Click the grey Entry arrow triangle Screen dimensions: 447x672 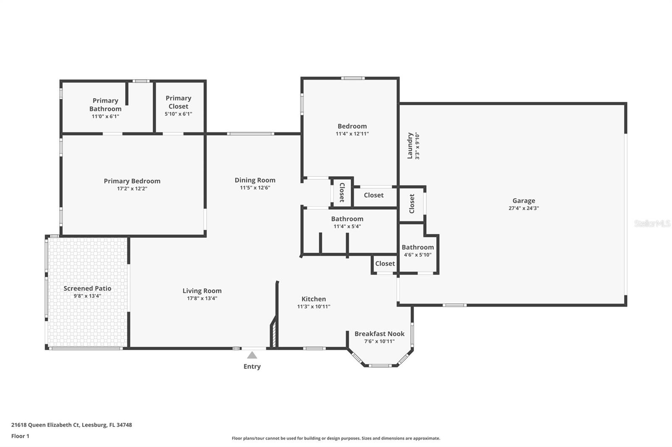click(x=252, y=356)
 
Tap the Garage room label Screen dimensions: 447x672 click(x=524, y=201)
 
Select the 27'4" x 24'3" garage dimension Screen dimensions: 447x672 click(x=524, y=208)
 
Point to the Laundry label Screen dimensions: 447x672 click(x=410, y=146)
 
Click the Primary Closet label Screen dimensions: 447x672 click(x=178, y=102)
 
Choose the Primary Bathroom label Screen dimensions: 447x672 click(x=105, y=104)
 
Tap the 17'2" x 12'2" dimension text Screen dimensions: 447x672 click(x=132, y=189)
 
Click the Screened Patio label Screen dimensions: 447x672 click(x=87, y=288)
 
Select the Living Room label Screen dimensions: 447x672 click(x=202, y=291)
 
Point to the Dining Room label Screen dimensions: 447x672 click(x=255, y=180)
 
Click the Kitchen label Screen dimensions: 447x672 click(x=314, y=299)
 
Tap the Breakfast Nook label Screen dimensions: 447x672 click(x=379, y=334)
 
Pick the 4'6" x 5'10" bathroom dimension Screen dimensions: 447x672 click(x=417, y=255)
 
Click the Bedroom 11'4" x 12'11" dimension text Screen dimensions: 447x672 click(x=352, y=134)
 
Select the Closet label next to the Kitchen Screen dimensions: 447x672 click(x=385, y=263)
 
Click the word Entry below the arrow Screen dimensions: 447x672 click(x=252, y=366)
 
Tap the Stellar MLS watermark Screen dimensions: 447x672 click(x=652, y=223)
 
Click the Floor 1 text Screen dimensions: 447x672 click(x=20, y=436)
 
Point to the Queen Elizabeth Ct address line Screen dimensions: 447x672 click(x=71, y=425)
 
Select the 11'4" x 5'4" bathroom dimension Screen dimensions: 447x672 click(x=347, y=226)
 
